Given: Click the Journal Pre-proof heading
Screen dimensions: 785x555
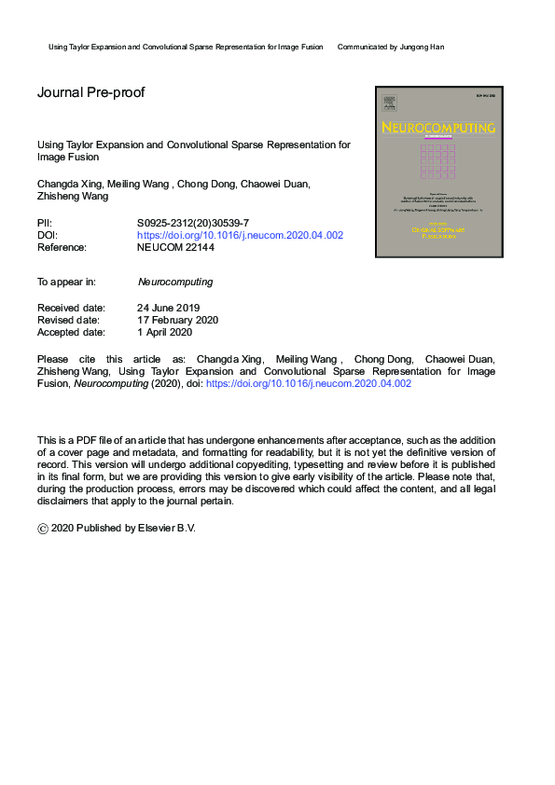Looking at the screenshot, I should click(x=90, y=92).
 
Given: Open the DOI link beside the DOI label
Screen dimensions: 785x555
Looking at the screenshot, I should click(x=240, y=236).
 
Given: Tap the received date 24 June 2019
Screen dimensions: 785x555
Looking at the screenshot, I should click(x=168, y=308).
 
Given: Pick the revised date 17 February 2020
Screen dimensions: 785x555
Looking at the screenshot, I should click(x=178, y=320).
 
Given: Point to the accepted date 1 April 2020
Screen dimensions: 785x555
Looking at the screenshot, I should click(x=164, y=332).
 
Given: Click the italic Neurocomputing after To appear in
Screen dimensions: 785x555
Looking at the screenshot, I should click(x=175, y=282).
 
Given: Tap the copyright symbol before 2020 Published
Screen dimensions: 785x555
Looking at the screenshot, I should click(x=43, y=528).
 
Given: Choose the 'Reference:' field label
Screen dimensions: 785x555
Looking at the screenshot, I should click(x=62, y=248).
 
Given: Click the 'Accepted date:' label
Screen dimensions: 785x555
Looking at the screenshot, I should click(x=71, y=332).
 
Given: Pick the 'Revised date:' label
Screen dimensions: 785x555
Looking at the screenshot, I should click(x=68, y=320).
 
